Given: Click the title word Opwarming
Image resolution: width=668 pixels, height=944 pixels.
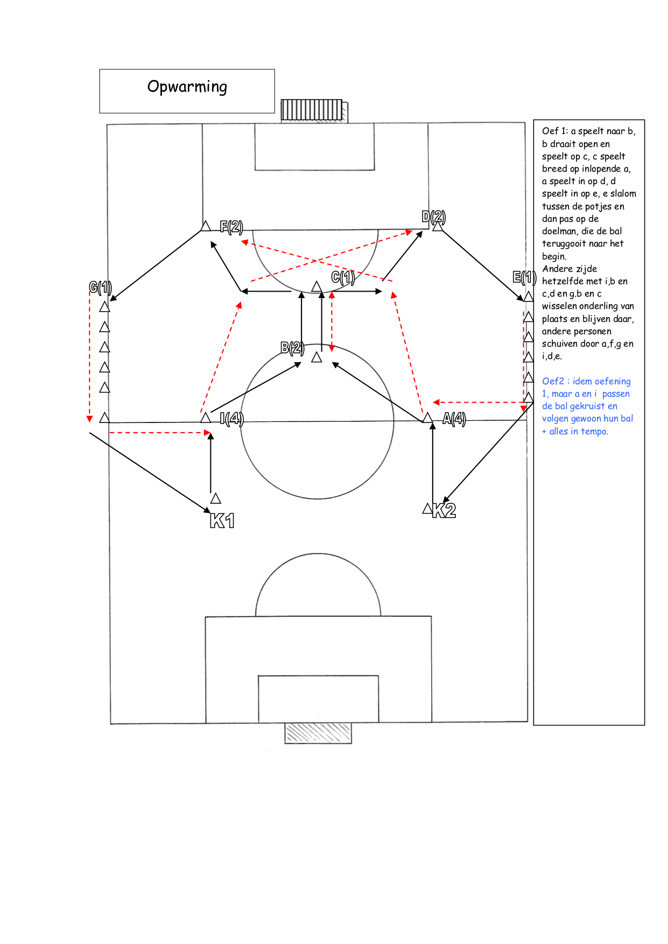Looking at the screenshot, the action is pos(187,87).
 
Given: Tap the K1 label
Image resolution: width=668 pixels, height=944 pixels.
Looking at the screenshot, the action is pos(222,520).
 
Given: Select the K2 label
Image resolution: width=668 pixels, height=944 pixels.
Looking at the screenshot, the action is pos(444,510).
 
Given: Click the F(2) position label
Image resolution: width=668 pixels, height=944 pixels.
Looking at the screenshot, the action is pos(231,227).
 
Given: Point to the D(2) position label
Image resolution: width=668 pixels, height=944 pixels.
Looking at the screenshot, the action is pos(434,217).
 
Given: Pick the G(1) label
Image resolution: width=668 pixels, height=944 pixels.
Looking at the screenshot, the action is pos(101,287).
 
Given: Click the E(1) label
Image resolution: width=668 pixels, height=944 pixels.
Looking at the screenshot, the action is pos(524,277).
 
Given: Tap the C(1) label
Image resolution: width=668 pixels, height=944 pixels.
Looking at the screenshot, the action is pos(343,277).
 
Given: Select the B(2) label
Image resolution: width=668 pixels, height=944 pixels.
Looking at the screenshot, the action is pos(292,348).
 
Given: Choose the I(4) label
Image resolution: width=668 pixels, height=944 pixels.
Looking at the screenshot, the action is pos(232,418).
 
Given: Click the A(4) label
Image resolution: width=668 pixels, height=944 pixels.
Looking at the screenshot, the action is pos(454,419).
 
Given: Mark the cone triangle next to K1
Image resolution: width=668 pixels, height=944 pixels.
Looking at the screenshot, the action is pos(216,498).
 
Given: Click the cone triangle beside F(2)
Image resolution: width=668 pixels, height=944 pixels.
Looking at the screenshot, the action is pos(206,226).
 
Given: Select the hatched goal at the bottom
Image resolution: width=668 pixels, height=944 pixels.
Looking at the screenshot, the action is pos(318,734).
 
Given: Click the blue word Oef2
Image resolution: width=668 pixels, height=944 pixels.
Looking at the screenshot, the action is pos(553,381).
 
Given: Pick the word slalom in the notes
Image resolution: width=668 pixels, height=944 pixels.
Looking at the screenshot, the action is pos(623,193).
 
